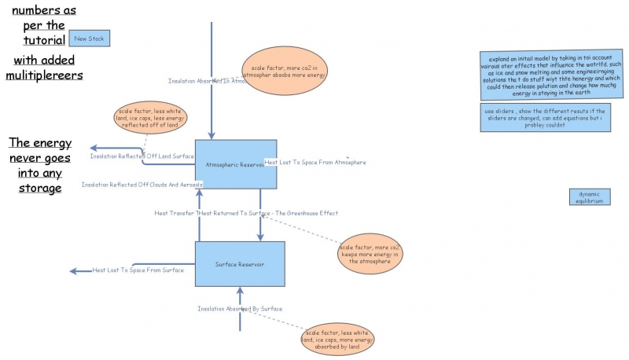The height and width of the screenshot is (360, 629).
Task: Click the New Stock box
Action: pyautogui.click(x=89, y=38)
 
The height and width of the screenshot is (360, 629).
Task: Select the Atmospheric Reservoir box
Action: pyautogui.click(x=235, y=164)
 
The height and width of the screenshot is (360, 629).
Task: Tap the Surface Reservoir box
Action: pyautogui.click(x=240, y=264)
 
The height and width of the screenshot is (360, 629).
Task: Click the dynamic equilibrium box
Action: pyautogui.click(x=590, y=197)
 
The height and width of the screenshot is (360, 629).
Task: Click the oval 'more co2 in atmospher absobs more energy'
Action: pyautogui.click(x=285, y=72)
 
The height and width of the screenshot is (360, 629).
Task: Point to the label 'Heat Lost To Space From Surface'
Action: pyautogui.click(x=138, y=270)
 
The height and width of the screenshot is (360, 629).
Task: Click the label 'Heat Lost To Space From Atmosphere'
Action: pyautogui.click(x=315, y=163)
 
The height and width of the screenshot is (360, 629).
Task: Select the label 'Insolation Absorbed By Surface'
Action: pyautogui.click(x=240, y=309)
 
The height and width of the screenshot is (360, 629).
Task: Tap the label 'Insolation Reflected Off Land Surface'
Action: pyautogui.click(x=142, y=156)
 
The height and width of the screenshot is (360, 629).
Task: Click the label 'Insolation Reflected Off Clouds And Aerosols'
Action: pyautogui.click(x=142, y=185)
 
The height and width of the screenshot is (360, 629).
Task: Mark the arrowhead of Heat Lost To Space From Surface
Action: pyautogui.click(x=74, y=271)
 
